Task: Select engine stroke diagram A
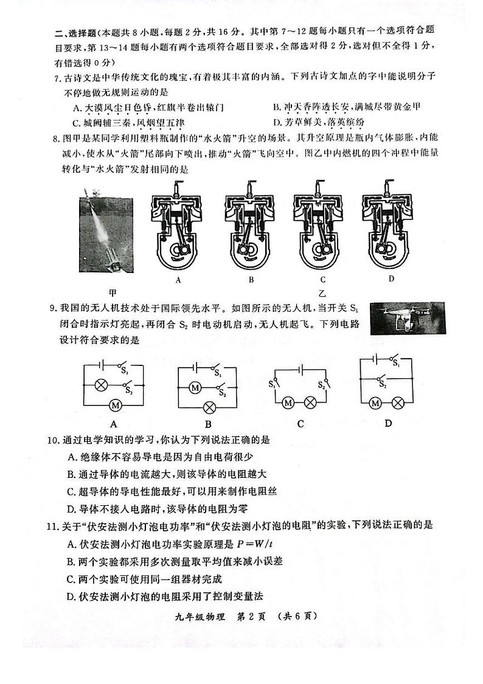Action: pyautogui.click(x=178, y=225)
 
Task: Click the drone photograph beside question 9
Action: pyautogui.click(x=407, y=317)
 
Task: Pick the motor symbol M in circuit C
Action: pyautogui.click(x=288, y=402)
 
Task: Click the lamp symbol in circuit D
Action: pyautogui.click(x=398, y=402)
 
